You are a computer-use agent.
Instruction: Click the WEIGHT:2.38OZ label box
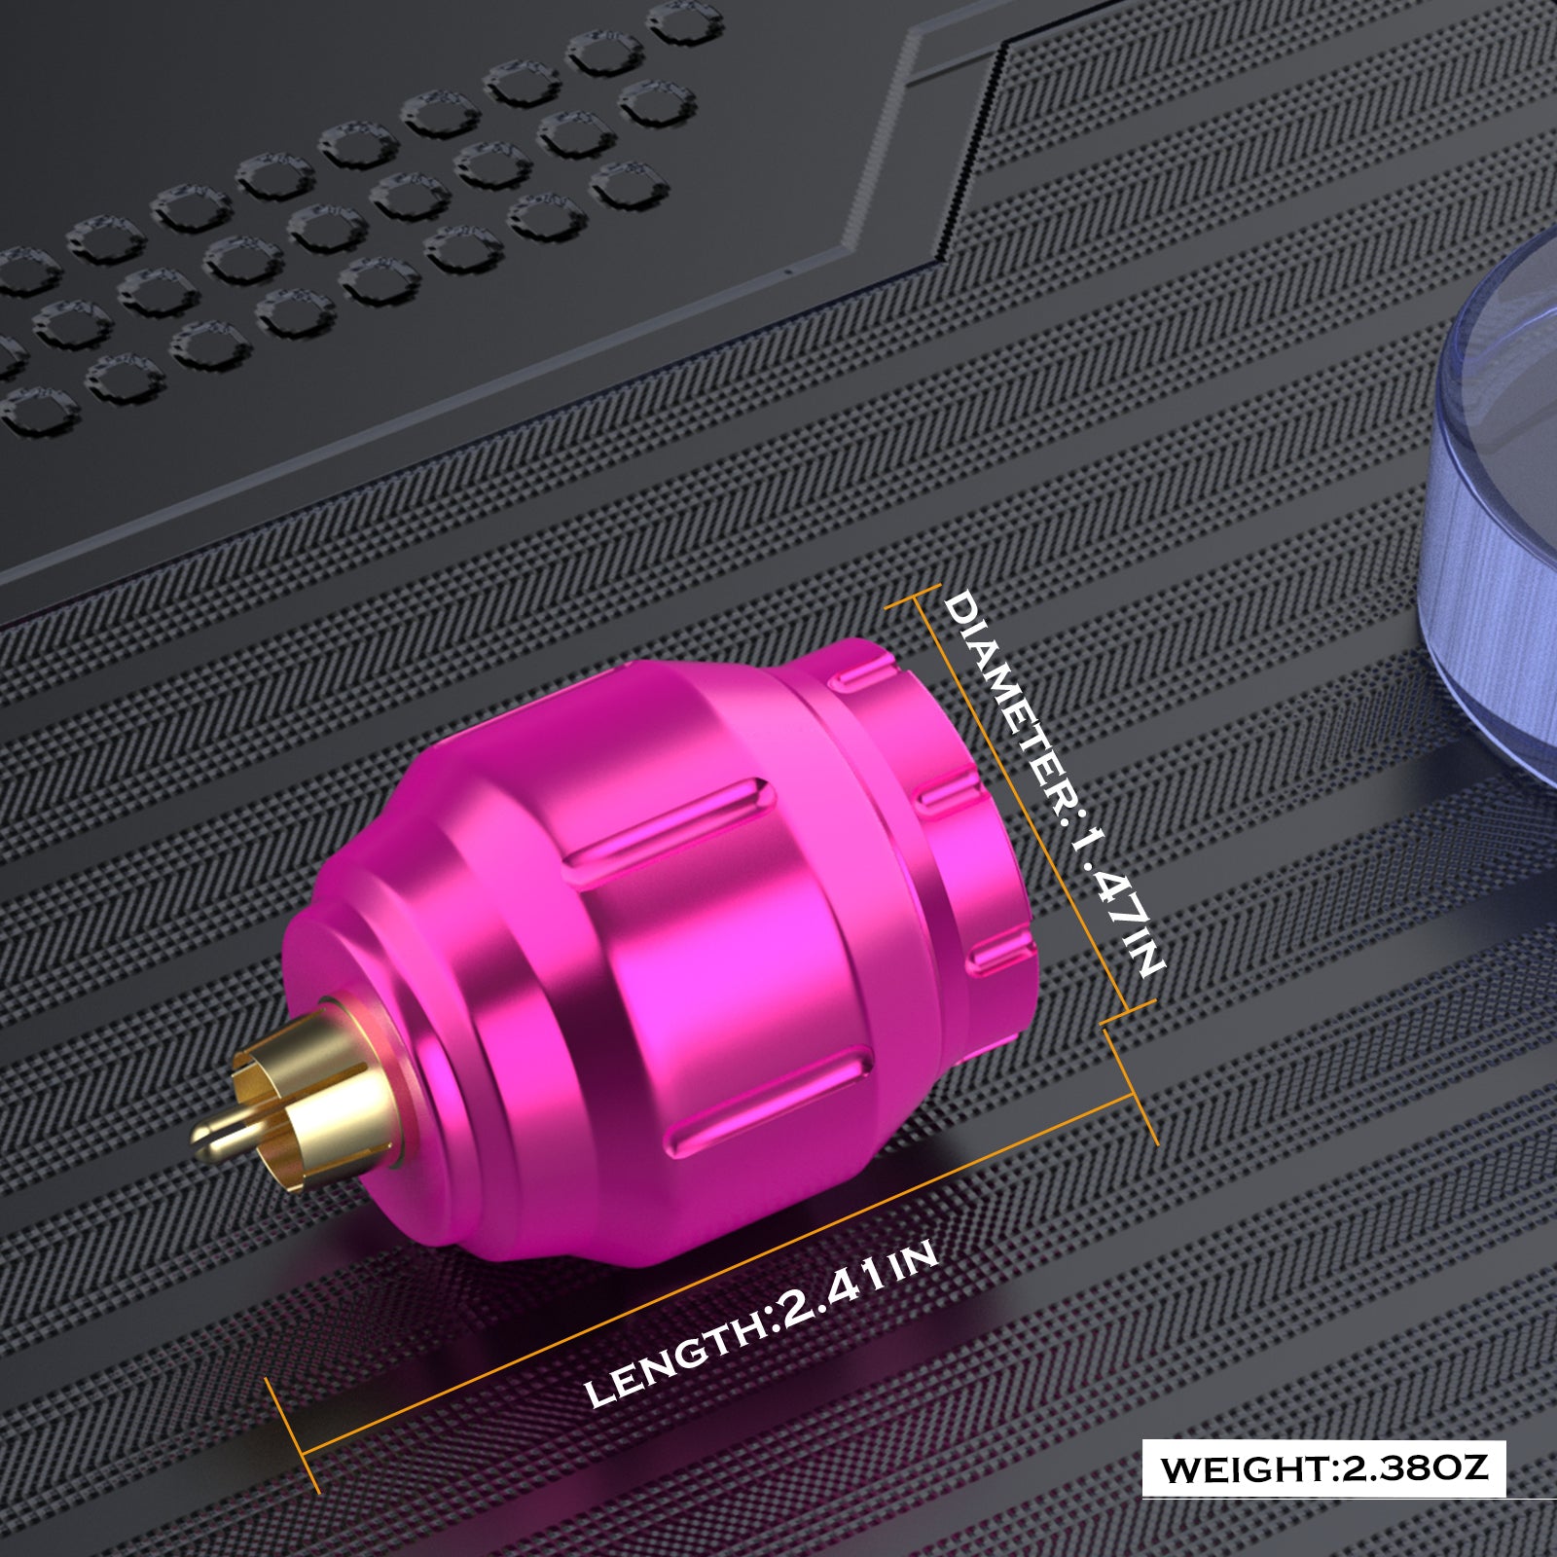tap(1323, 1468)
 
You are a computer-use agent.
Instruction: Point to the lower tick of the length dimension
tap(292, 1435)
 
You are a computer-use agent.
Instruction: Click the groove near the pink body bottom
tap(769, 1100)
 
